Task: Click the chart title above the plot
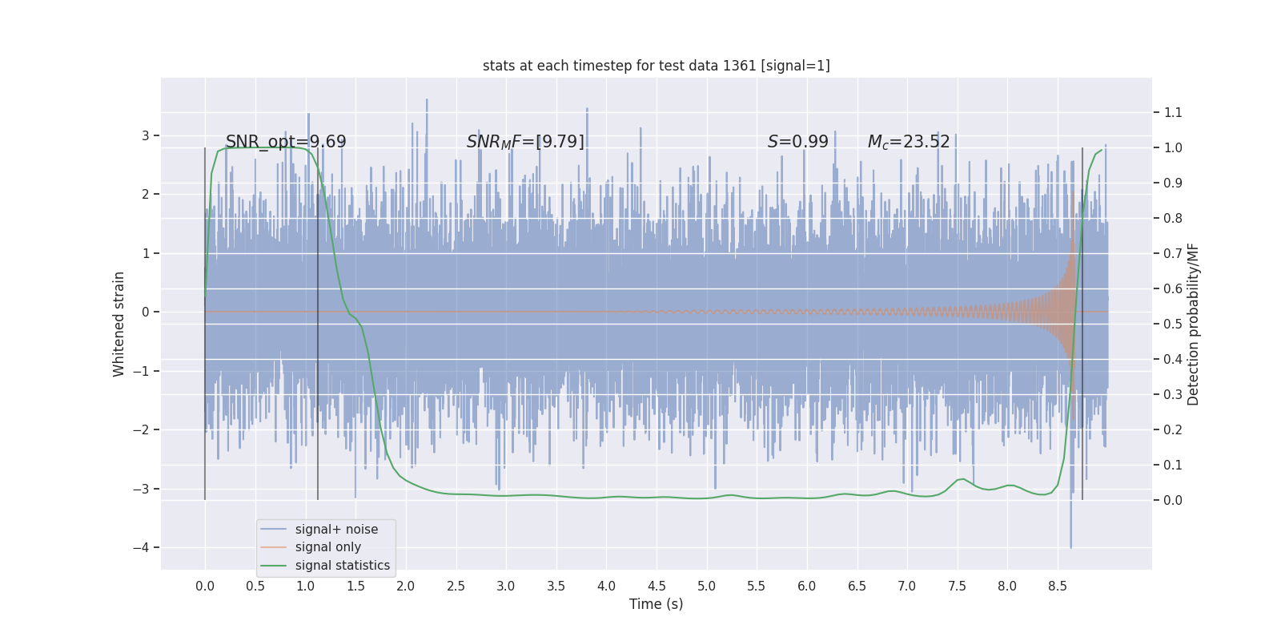pyautogui.click(x=656, y=66)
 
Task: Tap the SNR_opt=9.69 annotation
pyautogui.click(x=286, y=142)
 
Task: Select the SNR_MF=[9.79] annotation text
pyautogui.click(x=525, y=142)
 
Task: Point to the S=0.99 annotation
pyautogui.click(x=797, y=142)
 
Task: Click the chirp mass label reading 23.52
pyautogui.click(x=909, y=142)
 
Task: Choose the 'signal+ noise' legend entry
pyautogui.click(x=336, y=530)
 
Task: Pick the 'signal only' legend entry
pyautogui.click(x=327, y=547)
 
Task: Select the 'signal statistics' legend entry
pyautogui.click(x=342, y=566)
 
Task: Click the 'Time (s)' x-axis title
pyautogui.click(x=656, y=604)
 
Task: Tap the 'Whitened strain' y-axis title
pyautogui.click(x=119, y=324)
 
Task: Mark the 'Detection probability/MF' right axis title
pyautogui.click(x=1193, y=324)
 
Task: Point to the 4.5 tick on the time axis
pyautogui.click(x=657, y=587)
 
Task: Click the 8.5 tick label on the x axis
pyautogui.click(x=1057, y=587)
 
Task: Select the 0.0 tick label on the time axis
pyautogui.click(x=205, y=587)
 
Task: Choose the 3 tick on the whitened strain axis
pyautogui.click(x=146, y=135)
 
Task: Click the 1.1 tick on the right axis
pyautogui.click(x=1173, y=113)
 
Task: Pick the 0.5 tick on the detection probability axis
pyautogui.click(x=1173, y=324)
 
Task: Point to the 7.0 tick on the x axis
pyautogui.click(x=906, y=587)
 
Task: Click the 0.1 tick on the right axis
pyautogui.click(x=1173, y=465)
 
